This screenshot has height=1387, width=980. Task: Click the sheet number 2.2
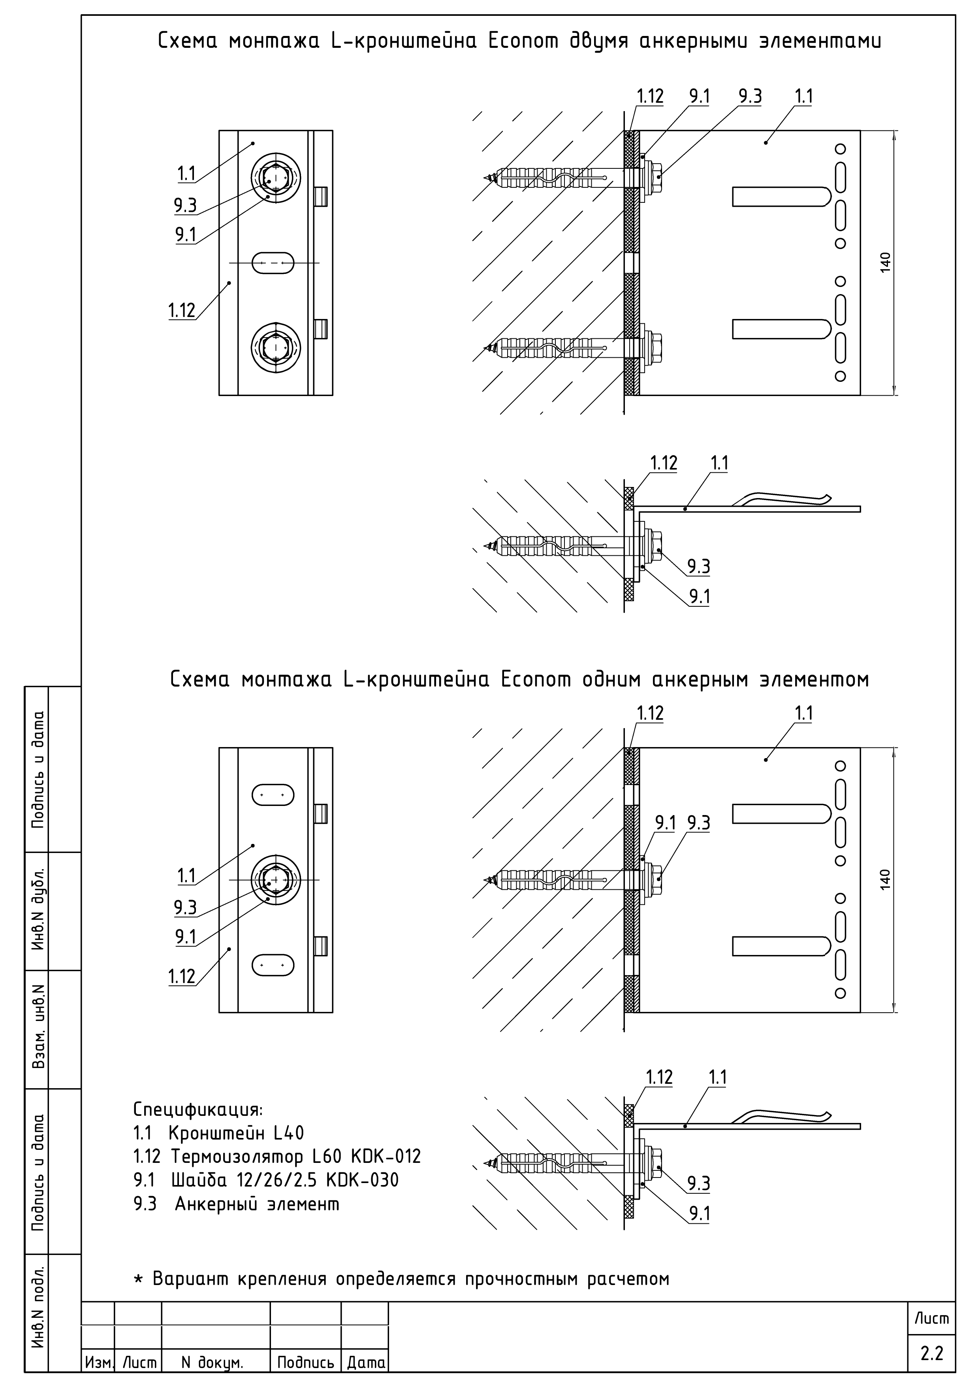point(932,1354)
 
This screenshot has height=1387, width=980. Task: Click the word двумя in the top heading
point(598,41)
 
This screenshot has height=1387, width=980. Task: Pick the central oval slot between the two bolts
point(273,263)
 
